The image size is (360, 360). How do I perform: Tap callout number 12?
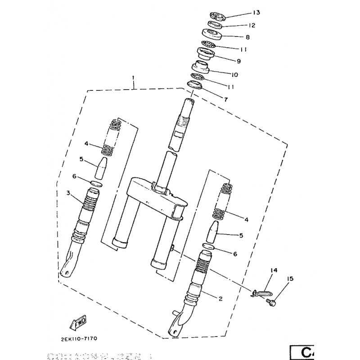pyautogui.click(x=239, y=26)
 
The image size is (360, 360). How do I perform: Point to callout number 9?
pyautogui.click(x=238, y=61)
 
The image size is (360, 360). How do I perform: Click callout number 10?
pyautogui.click(x=234, y=75)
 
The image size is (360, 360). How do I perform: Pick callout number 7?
pyautogui.click(x=226, y=99)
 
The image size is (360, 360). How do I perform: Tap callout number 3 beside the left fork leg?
pyautogui.click(x=68, y=194)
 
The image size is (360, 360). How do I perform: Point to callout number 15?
pyautogui.click(x=289, y=279)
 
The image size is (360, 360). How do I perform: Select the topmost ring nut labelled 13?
pyautogui.click(x=217, y=17)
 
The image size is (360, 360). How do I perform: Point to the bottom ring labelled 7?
pyautogui.click(x=194, y=85)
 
